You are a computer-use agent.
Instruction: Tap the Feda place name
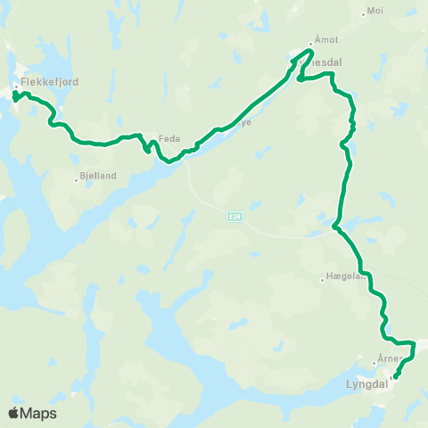(x=169, y=138)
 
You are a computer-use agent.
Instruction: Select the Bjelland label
(x=98, y=177)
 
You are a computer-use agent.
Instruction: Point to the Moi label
(x=375, y=12)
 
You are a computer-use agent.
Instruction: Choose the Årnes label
(x=387, y=358)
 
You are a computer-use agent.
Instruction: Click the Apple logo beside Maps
(x=14, y=413)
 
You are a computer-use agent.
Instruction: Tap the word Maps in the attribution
(x=39, y=414)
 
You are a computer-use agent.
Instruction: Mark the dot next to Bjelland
(x=76, y=179)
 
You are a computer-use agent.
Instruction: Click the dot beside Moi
(x=363, y=13)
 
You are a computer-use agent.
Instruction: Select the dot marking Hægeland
(x=323, y=280)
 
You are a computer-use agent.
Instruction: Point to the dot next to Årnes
(x=374, y=363)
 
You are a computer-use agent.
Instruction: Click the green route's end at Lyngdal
(x=395, y=376)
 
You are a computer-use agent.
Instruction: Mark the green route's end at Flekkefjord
(x=15, y=96)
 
